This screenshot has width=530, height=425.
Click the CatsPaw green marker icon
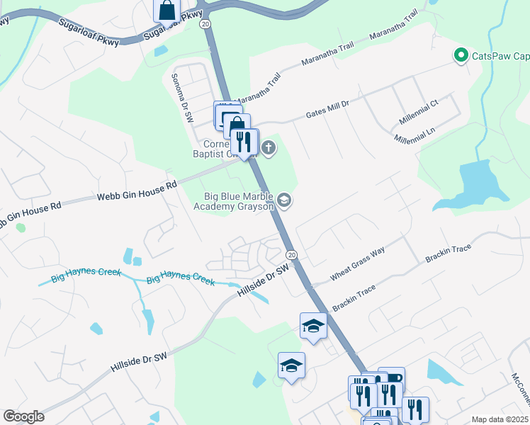[460, 55]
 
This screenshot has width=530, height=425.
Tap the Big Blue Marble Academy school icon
[284, 201]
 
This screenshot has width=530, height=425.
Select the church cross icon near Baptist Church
[268, 148]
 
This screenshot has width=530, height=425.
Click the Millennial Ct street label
[420, 112]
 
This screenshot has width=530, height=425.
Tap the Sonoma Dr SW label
[181, 98]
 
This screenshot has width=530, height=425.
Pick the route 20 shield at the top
[205, 24]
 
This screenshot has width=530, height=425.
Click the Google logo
[23, 416]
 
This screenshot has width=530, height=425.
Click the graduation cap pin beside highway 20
[313, 326]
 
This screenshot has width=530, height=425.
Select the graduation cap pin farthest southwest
[291, 365]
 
